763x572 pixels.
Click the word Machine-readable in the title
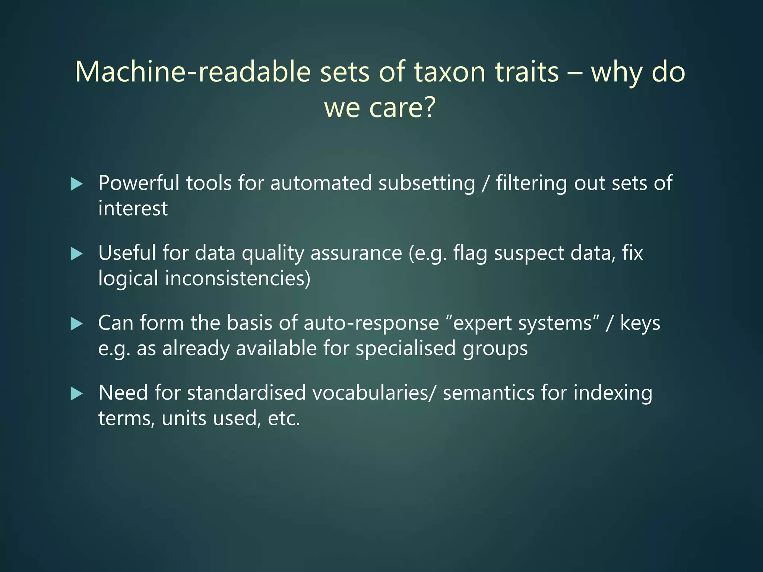pos(193,71)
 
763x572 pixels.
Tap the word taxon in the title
pos(450,71)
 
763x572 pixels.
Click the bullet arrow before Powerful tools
pos(76,184)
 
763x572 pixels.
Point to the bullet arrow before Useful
pos(76,254)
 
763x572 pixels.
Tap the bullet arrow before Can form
pos(76,324)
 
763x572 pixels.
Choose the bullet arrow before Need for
pos(76,394)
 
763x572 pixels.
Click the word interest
pos(133,208)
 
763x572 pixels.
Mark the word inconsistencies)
pos(238,279)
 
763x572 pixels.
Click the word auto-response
pos(371,323)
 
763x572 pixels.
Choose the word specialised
pos(405,349)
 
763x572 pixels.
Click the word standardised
pos(246,393)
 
